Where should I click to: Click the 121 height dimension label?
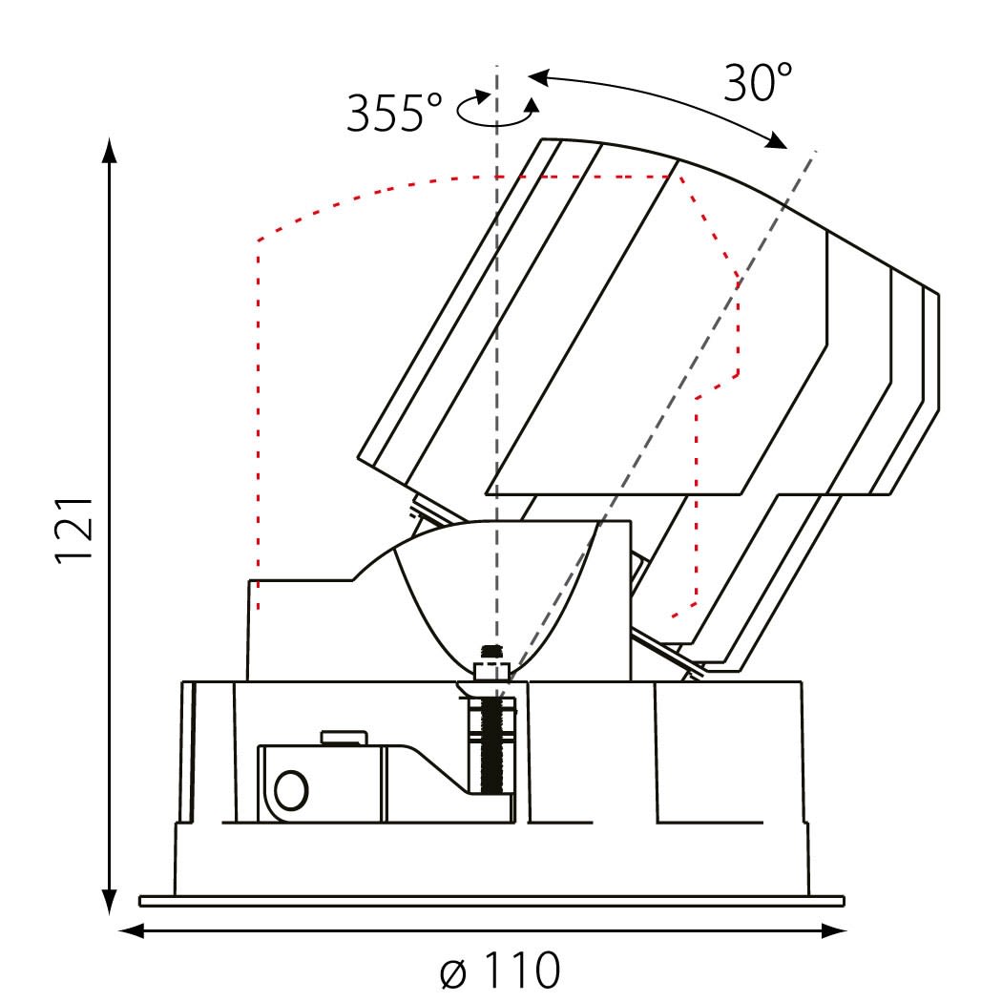tap(74, 529)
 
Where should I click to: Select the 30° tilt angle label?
tap(758, 82)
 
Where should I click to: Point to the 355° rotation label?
tap(394, 114)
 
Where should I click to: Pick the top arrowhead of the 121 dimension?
tap(110, 151)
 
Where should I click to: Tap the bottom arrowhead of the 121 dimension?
tap(110, 901)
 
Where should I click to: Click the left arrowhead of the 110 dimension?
tap(132, 931)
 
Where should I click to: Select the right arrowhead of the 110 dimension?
tap(833, 931)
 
